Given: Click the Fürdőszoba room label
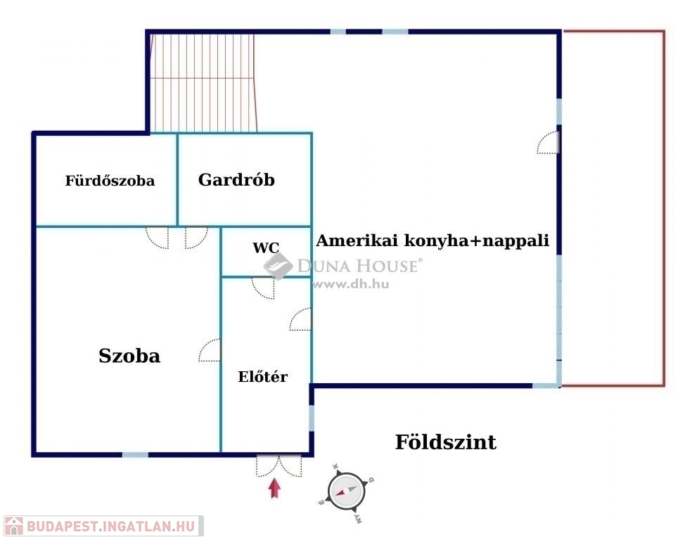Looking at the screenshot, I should coord(110,181).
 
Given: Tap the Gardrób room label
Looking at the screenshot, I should coord(236,179).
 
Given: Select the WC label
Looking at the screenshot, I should coord(266,247).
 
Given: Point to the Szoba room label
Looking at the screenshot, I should coord(129,356).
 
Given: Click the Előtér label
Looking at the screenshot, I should coord(263,377).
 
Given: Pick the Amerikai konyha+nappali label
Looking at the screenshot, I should coord(433,240).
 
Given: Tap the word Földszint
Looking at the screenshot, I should coord(445,442).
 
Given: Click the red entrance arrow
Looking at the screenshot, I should coord(274,488).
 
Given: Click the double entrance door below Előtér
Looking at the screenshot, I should coord(279,465).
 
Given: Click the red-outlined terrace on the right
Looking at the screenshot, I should coord(613,208).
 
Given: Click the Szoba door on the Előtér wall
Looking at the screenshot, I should coord(210,351).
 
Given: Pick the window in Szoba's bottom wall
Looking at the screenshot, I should coord(135,455).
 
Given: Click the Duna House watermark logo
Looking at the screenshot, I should coord(279,266).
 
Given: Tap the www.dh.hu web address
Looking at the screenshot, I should coord(350,285).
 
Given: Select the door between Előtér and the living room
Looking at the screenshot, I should coord(301,320).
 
